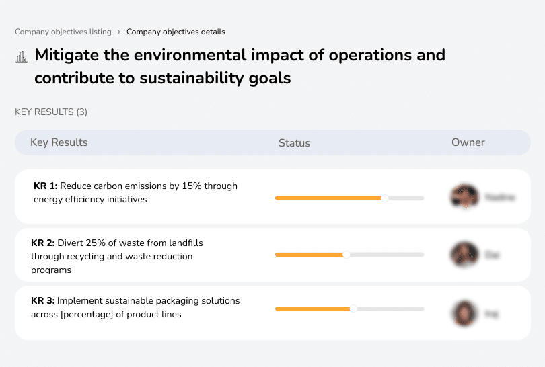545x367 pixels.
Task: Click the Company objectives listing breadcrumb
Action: coord(63,32)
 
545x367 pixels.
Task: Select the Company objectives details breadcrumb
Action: coord(176,32)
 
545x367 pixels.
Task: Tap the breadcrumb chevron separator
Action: coord(118,32)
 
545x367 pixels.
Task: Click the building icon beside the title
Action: coord(22,58)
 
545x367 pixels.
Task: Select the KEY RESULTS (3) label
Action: coord(51,112)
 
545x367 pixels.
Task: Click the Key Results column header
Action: coord(59,142)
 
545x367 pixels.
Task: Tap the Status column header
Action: coord(294,142)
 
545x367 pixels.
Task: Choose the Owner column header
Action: coord(468,142)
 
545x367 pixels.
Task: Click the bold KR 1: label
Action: coord(45,186)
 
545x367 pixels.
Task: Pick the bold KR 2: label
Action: coord(42,243)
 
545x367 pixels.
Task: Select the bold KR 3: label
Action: coord(42,300)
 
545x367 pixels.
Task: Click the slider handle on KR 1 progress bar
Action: coord(385,198)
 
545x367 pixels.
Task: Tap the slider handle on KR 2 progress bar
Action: coord(347,255)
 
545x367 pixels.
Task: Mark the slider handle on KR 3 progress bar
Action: coord(353,309)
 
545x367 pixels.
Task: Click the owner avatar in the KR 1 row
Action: coord(464,197)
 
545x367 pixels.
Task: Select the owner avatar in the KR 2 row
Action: coord(464,255)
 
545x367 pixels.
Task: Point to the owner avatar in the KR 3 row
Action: coord(464,313)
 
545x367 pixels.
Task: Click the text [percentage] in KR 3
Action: coord(85,314)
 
